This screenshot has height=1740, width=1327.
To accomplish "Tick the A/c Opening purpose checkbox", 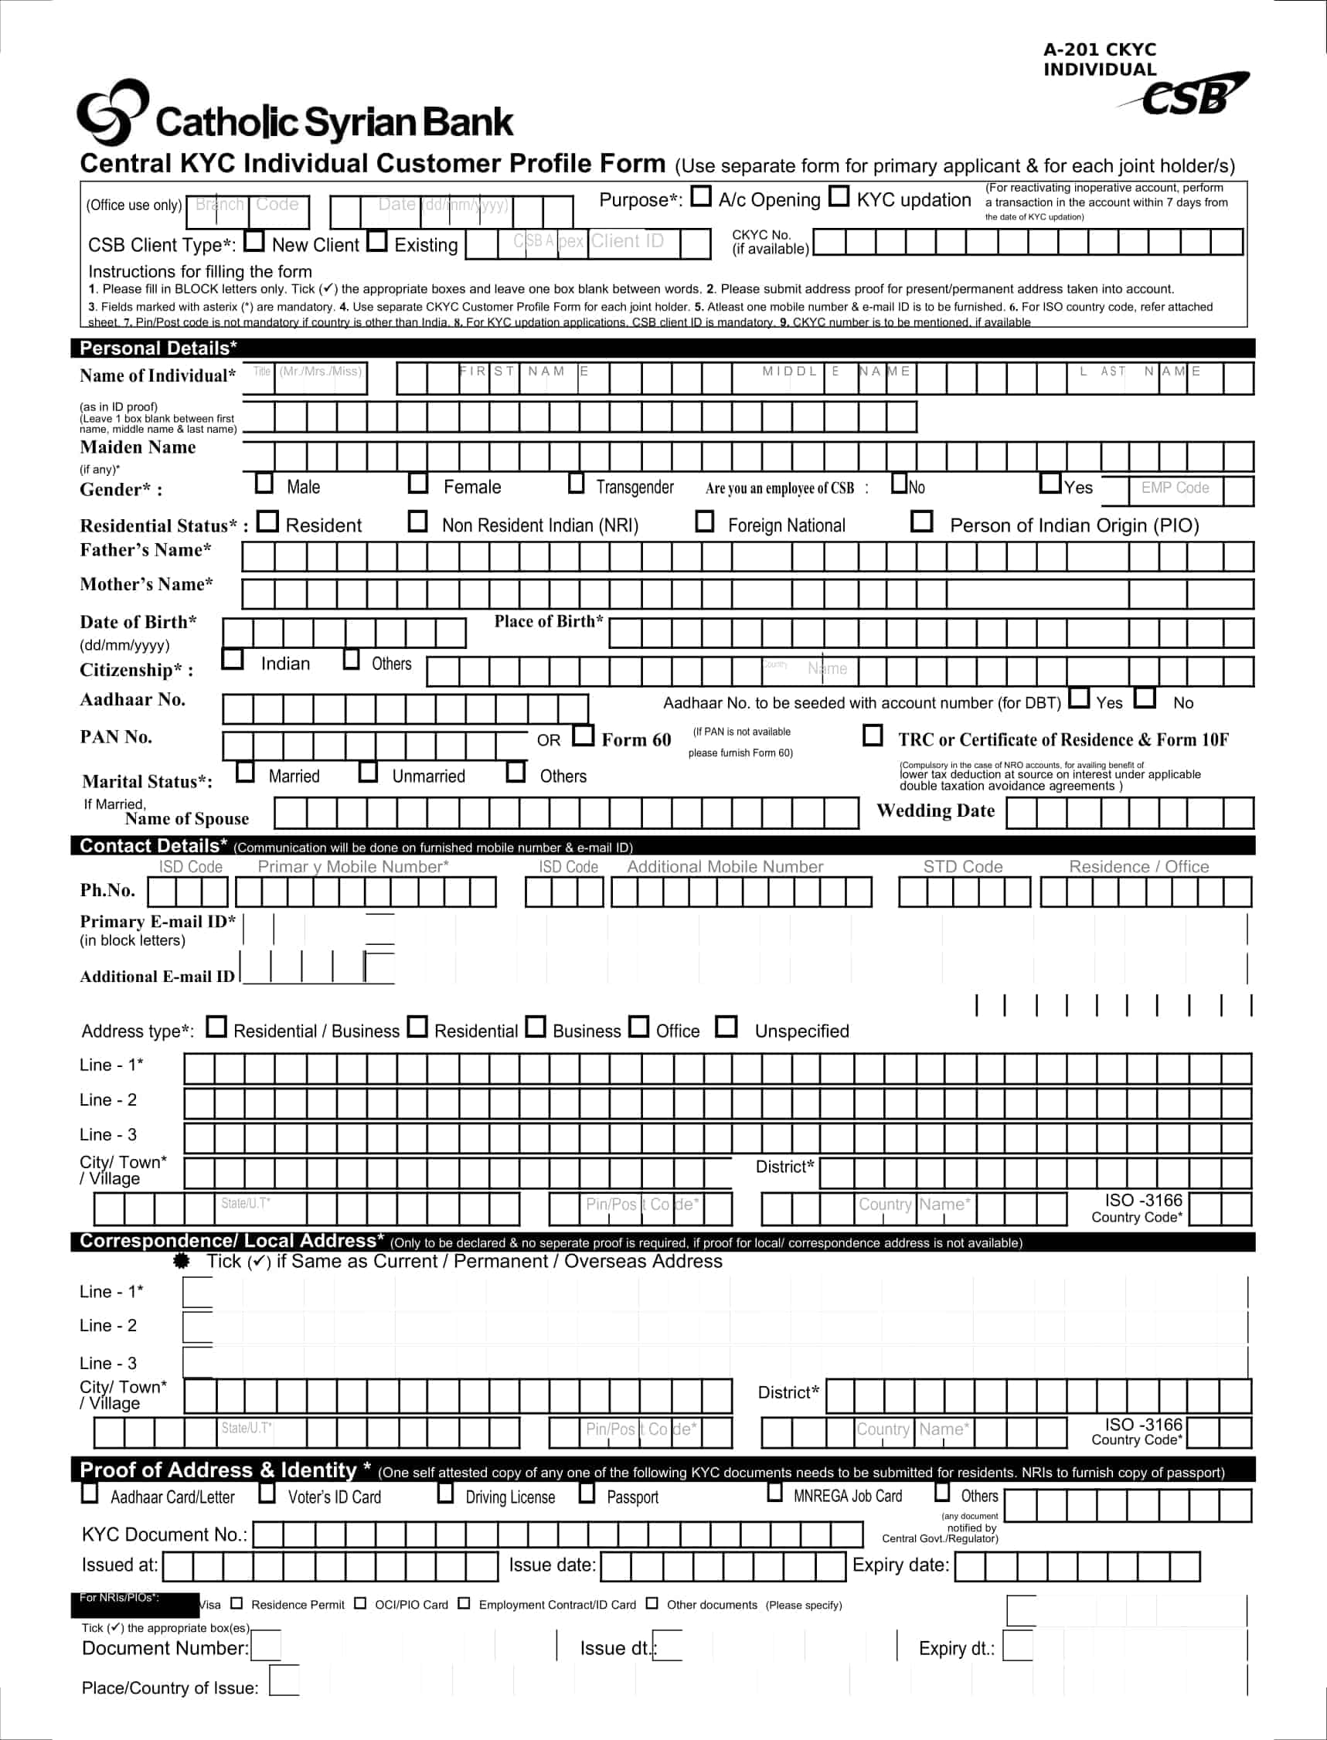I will point(701,195).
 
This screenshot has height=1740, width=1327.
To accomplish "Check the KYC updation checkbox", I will point(839,195).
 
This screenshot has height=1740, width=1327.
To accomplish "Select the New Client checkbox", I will point(254,240).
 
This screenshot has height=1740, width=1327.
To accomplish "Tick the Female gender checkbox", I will point(418,482).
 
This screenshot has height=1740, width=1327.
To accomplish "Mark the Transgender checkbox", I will point(577,482).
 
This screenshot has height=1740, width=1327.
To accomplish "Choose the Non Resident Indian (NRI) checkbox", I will point(417,521).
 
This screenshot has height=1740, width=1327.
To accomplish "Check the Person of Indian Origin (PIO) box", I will point(922,521).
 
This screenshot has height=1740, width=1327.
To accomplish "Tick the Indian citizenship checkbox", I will point(232,658).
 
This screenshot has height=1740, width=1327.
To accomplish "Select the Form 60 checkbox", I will point(583,735).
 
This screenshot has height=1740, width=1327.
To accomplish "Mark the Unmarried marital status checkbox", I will point(368,772).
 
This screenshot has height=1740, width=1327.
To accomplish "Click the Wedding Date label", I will point(935,811).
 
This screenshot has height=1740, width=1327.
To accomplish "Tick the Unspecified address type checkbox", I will point(726,1026).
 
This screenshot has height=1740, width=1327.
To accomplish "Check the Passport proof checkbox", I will point(587,1493).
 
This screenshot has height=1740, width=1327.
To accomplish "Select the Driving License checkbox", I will point(445,1493).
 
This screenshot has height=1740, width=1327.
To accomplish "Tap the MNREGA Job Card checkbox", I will point(775,1492).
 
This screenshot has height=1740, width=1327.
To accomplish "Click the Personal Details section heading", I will point(158,348).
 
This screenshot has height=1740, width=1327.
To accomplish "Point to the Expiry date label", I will point(900,1565).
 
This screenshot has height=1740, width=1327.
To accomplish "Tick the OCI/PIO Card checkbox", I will point(360,1603).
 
